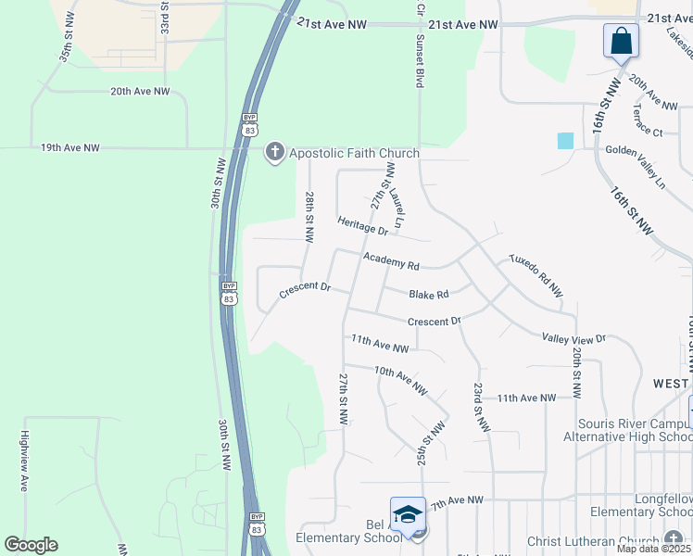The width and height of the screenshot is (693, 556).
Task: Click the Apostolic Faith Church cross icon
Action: tap(274, 153)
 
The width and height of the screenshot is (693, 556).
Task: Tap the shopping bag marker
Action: tap(621, 42)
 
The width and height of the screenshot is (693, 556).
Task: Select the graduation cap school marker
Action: tap(408, 515)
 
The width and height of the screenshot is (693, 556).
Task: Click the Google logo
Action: tap(31, 545)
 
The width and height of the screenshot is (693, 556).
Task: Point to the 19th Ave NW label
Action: tap(69, 147)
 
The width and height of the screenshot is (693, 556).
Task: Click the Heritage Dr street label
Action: tap(362, 226)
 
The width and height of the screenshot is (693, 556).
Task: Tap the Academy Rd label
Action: tap(391, 263)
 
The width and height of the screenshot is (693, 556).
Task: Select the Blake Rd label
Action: tap(429, 295)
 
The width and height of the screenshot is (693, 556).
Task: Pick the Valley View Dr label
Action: tap(573, 340)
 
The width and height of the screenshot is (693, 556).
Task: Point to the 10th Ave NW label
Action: tap(401, 380)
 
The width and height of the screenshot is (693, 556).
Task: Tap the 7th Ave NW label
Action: tap(458, 500)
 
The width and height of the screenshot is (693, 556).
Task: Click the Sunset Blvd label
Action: tap(420, 61)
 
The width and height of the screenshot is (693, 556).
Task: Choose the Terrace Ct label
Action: tap(648, 120)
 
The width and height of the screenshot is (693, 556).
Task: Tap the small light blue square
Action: tap(565, 141)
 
